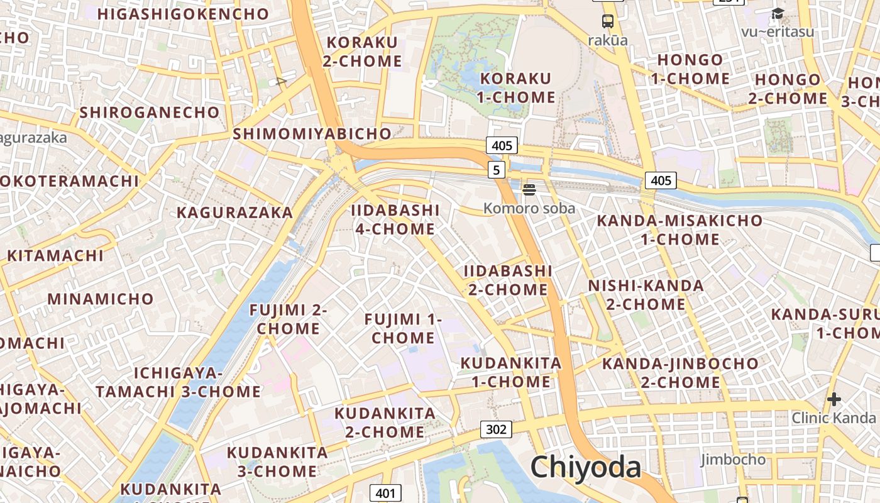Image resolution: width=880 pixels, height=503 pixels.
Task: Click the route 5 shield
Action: pyautogui.click(x=497, y=169)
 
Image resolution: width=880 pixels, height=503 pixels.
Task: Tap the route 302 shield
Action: pyautogui.click(x=496, y=429)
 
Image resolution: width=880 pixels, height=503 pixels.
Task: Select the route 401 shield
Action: pyautogui.click(x=385, y=493)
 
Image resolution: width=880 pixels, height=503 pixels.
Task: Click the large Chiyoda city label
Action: pyautogui.click(x=585, y=467)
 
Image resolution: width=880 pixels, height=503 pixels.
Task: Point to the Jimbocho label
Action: pyautogui.click(x=734, y=460)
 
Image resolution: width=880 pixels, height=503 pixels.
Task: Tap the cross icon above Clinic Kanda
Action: pyautogui.click(x=833, y=399)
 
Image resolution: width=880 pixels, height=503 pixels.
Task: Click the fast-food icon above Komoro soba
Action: pyautogui.click(x=529, y=189)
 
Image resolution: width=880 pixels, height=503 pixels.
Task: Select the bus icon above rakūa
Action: pyautogui.click(x=608, y=21)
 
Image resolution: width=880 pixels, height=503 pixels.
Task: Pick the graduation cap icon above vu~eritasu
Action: pyautogui.click(x=778, y=13)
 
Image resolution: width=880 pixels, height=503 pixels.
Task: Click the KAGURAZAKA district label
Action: pyautogui.click(x=234, y=213)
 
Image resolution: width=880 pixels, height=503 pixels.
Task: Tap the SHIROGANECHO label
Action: pyautogui.click(x=150, y=113)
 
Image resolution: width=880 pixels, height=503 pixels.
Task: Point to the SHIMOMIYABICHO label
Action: pyautogui.click(x=312, y=133)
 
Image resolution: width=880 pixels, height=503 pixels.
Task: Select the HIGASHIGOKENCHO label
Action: pyautogui.click(x=184, y=14)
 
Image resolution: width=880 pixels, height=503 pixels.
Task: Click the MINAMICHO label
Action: pyautogui.click(x=101, y=299)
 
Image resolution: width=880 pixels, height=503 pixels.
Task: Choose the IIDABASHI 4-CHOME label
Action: pyautogui.click(x=395, y=219)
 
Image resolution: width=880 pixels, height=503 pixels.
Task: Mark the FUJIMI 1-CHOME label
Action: pyautogui.click(x=404, y=329)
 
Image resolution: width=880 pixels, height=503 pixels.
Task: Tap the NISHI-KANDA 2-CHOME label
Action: pyautogui.click(x=646, y=295)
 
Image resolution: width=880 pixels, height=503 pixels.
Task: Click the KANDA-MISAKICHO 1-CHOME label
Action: pyautogui.click(x=679, y=230)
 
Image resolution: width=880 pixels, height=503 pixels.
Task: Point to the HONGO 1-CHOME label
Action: pyautogui.click(x=690, y=69)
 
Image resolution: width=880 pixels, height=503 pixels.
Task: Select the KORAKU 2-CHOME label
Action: pyautogui.click(x=362, y=52)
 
